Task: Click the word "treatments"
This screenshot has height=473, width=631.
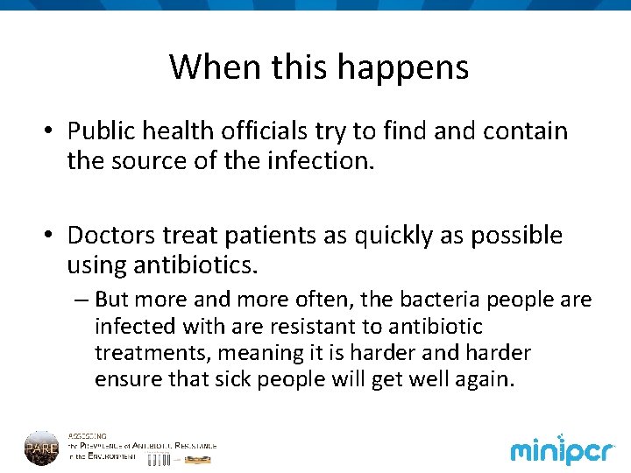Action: click(x=152, y=353)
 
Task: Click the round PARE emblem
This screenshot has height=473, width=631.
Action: click(x=41, y=448)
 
